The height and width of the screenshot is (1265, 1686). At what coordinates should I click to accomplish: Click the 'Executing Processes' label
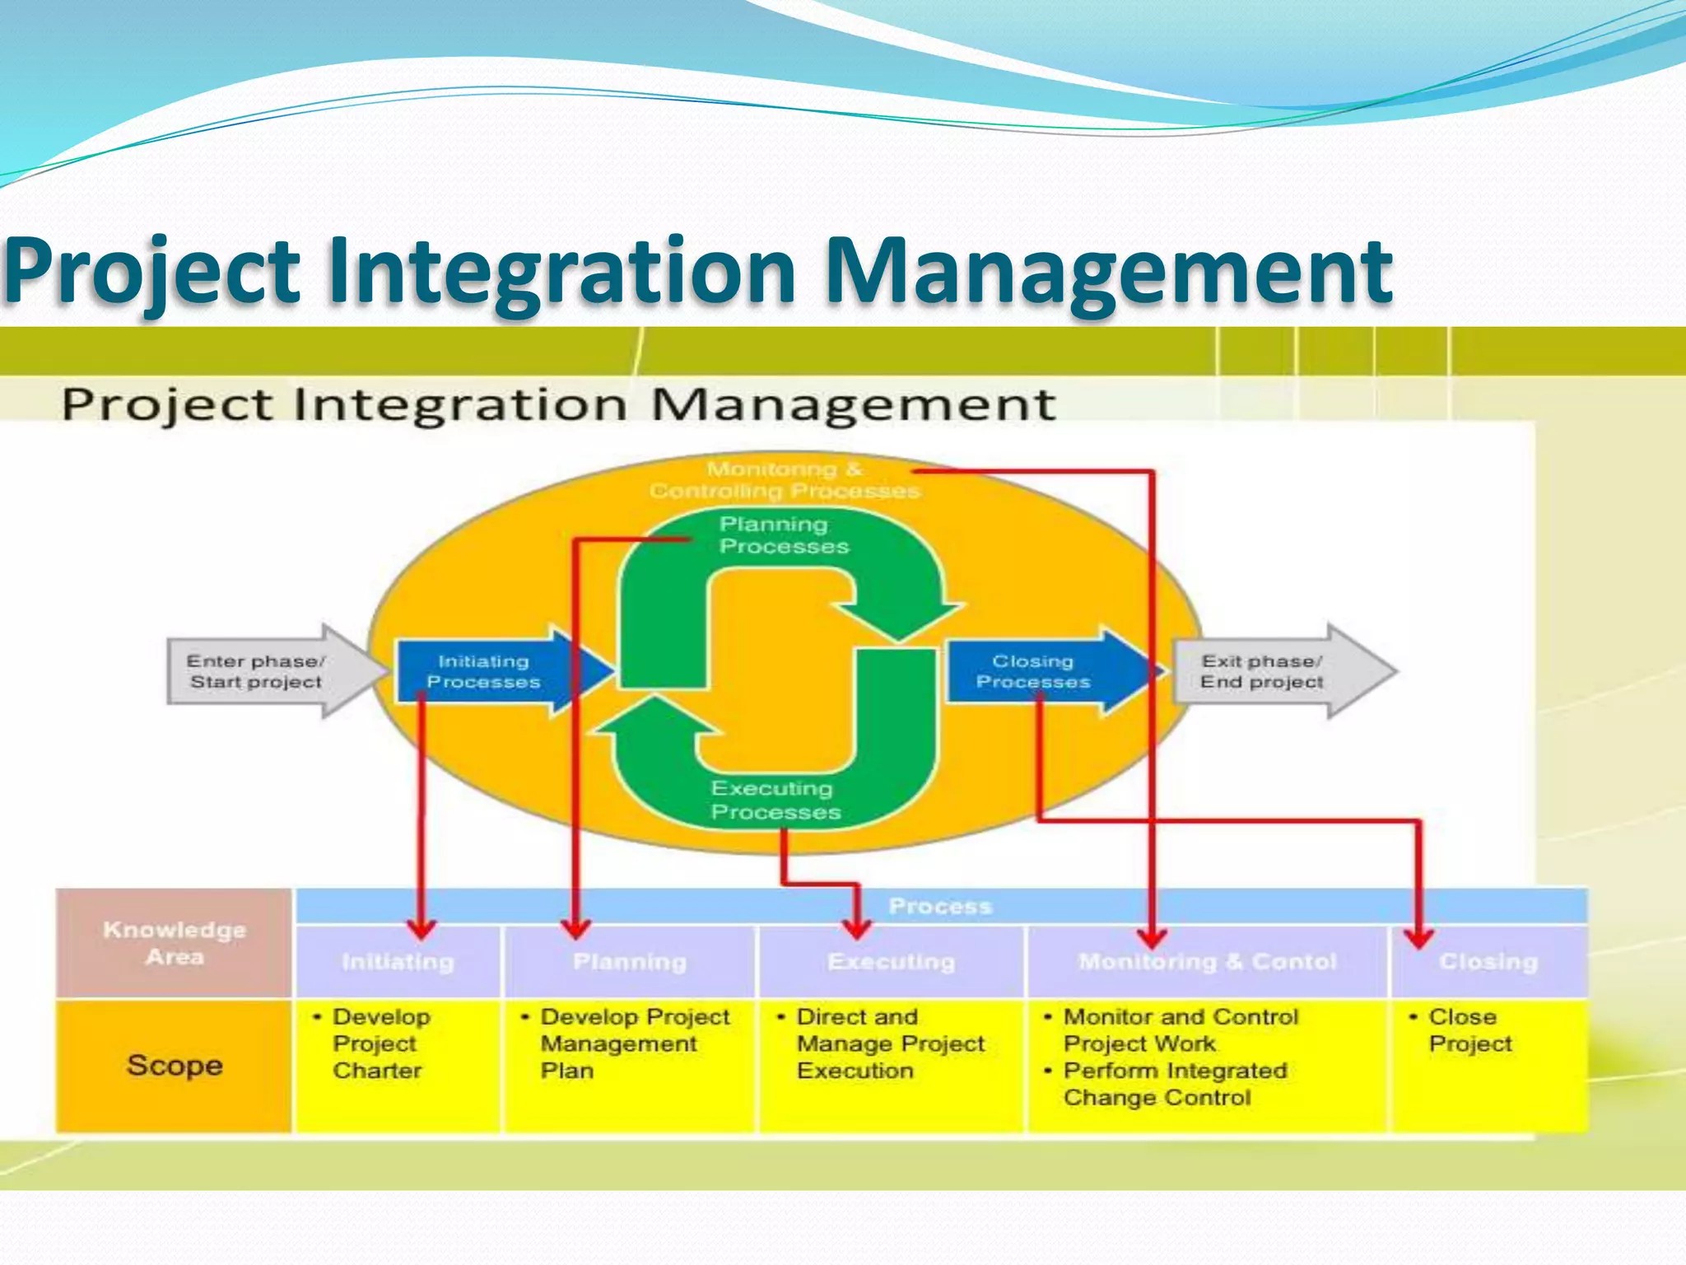pyautogui.click(x=775, y=800)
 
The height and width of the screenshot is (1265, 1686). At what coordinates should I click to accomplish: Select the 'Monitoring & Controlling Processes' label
pyautogui.click(x=784, y=480)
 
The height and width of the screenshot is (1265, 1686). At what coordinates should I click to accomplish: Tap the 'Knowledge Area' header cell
pyautogui.click(x=175, y=943)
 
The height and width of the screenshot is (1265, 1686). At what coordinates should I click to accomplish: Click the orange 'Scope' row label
pyautogui.click(x=175, y=1065)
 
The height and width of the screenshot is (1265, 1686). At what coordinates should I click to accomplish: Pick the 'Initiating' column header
pyautogui.click(x=398, y=961)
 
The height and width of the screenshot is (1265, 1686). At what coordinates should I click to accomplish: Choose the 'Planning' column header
pyautogui.click(x=630, y=961)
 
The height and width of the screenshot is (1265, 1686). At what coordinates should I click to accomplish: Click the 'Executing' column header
pyautogui.click(x=892, y=961)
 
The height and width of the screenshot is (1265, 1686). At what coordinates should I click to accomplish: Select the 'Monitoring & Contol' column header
pyautogui.click(x=1207, y=961)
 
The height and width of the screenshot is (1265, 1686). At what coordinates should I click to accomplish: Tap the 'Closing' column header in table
pyautogui.click(x=1488, y=961)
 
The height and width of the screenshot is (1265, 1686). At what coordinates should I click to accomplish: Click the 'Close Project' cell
pyautogui.click(x=1469, y=1030)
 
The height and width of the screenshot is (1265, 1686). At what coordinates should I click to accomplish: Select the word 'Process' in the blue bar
pyautogui.click(x=940, y=906)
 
